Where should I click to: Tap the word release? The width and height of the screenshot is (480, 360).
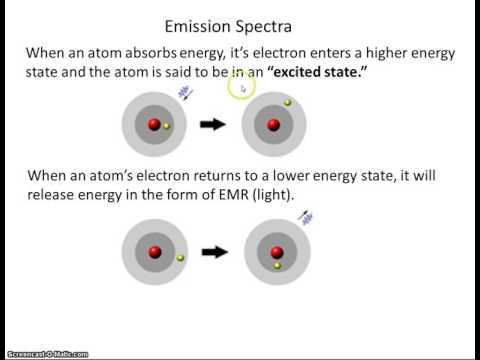click(x=60, y=195)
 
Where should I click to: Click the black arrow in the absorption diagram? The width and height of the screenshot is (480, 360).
click(x=213, y=126)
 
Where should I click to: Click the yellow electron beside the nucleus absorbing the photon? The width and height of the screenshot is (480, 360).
click(x=167, y=127)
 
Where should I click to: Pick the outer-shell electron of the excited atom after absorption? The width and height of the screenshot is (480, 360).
click(x=287, y=103)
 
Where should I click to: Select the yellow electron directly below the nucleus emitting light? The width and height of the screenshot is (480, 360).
click(x=277, y=266)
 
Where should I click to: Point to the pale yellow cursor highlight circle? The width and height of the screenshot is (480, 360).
click(x=239, y=88)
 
